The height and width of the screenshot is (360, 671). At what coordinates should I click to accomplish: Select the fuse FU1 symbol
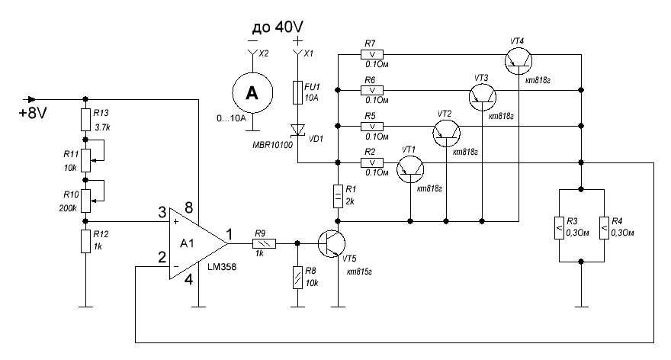tap(298, 92)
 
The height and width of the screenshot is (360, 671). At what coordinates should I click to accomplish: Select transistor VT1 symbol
tap(409, 168)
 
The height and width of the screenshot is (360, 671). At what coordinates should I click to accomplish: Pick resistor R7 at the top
tap(373, 54)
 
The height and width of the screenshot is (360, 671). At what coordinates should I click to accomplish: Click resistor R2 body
tap(373, 162)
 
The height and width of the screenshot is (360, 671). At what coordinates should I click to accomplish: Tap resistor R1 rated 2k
tap(336, 196)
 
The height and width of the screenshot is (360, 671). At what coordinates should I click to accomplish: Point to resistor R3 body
tap(558, 225)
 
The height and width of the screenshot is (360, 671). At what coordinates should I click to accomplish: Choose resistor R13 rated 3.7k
tap(85, 119)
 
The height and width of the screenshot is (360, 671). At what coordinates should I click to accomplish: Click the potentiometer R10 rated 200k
tap(85, 200)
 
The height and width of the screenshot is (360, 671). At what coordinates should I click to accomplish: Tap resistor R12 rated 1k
tap(85, 241)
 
